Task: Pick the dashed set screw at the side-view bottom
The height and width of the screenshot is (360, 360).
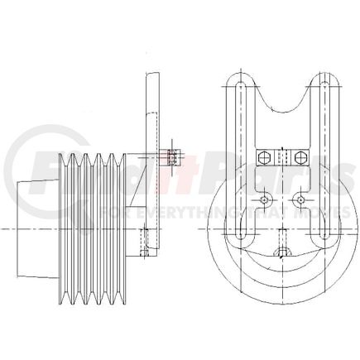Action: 142,244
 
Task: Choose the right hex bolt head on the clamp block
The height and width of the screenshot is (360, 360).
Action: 301,156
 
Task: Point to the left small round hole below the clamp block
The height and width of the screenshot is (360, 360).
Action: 262,202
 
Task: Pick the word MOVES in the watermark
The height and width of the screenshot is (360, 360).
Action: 295,214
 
